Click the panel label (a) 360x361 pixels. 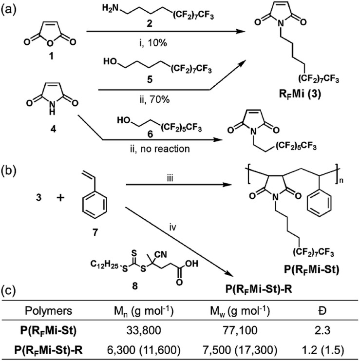11,9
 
